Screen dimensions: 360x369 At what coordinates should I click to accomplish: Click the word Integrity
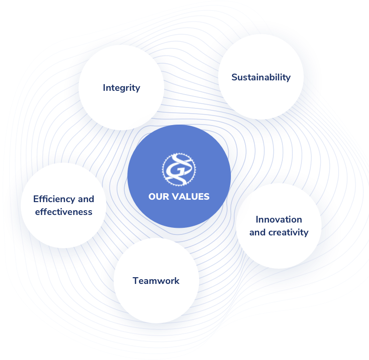click(121, 88)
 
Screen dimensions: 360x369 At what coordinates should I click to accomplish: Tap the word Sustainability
click(261, 77)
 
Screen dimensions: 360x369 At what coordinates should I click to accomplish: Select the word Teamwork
click(156, 281)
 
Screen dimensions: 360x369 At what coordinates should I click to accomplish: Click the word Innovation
click(279, 219)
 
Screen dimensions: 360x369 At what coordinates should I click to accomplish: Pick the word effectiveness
click(64, 212)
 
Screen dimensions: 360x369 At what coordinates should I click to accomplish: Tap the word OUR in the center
click(159, 196)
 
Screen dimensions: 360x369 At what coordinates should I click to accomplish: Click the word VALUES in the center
click(190, 196)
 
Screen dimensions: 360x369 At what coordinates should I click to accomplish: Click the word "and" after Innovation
click(258, 233)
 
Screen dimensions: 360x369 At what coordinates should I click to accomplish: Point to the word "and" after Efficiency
click(86, 199)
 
